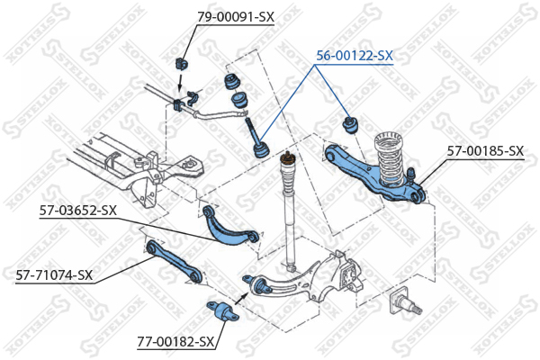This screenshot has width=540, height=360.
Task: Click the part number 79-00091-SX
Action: [235, 17]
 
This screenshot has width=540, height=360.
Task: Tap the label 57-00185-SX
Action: [485, 150]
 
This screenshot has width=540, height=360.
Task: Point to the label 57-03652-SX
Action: [77, 211]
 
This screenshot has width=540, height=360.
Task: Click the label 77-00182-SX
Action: [176, 342]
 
